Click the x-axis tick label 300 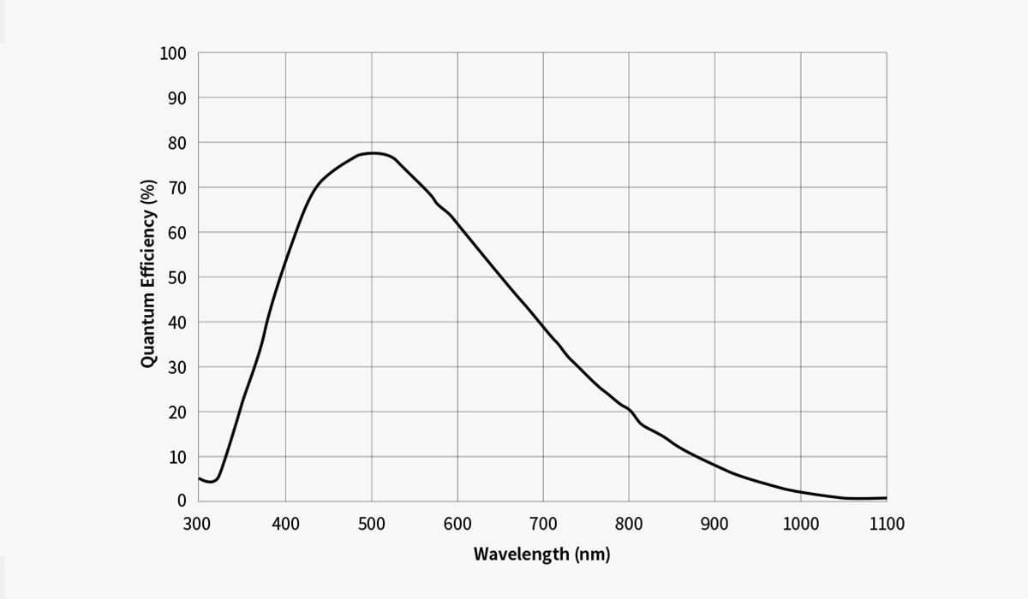tap(198, 524)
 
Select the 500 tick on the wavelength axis tap(371, 524)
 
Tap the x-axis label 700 tap(543, 524)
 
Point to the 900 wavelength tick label tap(714, 524)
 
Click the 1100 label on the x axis tap(887, 524)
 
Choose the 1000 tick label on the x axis tap(800, 524)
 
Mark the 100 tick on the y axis tap(173, 54)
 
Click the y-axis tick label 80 tap(177, 143)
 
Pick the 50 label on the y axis tap(177, 277)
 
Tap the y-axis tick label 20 tap(177, 412)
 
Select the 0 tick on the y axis tap(182, 501)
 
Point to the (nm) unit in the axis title tap(593, 554)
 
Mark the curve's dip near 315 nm tap(210, 482)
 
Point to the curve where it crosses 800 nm tap(629, 410)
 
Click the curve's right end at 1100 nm tap(886, 497)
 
